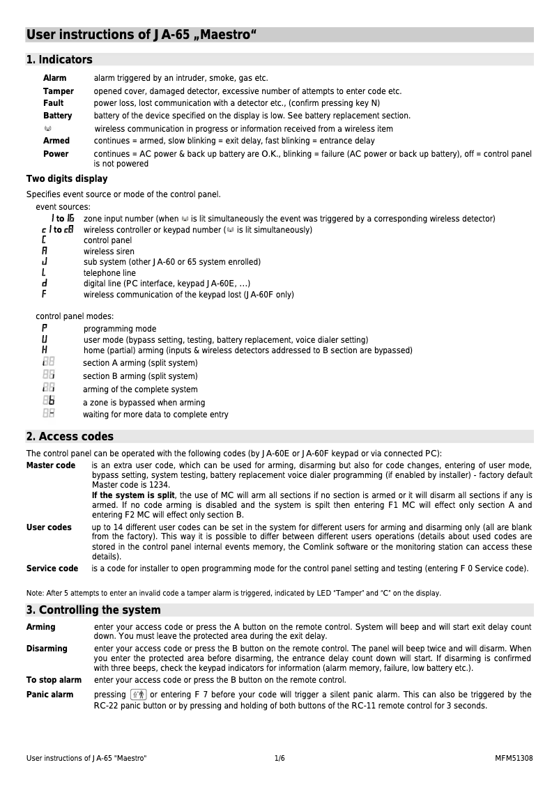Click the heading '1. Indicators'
(x=59, y=60)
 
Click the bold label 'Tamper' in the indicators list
(x=58, y=91)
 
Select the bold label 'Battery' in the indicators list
(x=57, y=116)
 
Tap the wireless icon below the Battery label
(x=47, y=129)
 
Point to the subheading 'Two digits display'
(x=67, y=179)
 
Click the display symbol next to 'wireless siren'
(x=45, y=251)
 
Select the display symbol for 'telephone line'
(x=44, y=273)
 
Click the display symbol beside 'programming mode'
(x=45, y=328)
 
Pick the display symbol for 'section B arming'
(x=48, y=375)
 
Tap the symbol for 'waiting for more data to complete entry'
(x=48, y=414)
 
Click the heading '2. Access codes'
(x=70, y=437)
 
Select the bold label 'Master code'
(x=51, y=465)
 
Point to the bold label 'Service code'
(x=52, y=568)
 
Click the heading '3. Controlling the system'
(x=93, y=610)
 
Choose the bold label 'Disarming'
(x=47, y=649)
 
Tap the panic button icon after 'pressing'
(x=138, y=695)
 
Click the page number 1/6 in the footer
(x=279, y=758)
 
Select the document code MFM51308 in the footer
(x=514, y=758)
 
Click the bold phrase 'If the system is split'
(x=133, y=495)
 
